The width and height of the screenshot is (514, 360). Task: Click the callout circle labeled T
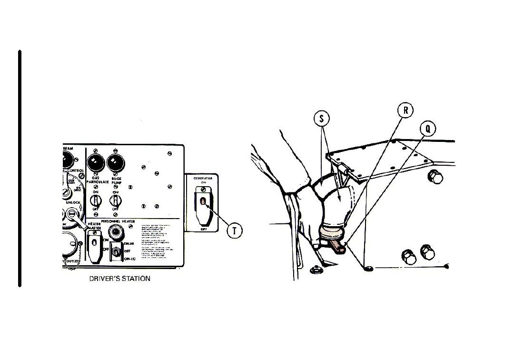(235, 231)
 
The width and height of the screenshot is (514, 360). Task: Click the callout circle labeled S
(322, 119)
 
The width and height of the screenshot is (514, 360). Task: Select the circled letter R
(405, 110)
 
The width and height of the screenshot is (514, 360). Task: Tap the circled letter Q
(428, 129)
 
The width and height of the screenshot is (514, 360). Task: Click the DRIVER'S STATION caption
(119, 279)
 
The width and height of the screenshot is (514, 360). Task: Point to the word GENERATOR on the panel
(203, 178)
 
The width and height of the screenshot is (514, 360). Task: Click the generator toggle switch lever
(203, 202)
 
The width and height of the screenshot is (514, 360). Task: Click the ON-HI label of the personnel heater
(129, 243)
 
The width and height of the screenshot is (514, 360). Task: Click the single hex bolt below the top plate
(435, 177)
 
